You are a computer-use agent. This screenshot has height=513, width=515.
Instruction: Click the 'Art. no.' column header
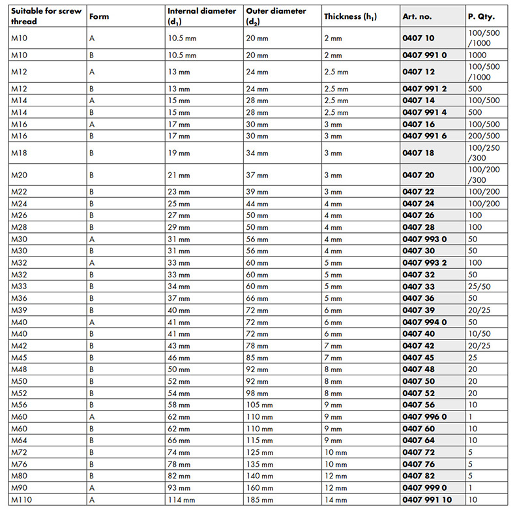[x=417, y=16]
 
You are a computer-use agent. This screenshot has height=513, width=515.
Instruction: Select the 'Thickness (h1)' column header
[x=350, y=16]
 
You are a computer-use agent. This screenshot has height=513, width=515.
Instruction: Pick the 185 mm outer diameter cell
[x=260, y=499]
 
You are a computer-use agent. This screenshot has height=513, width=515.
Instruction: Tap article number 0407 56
[x=419, y=405]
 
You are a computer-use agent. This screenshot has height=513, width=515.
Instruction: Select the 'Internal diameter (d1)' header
[x=201, y=16]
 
